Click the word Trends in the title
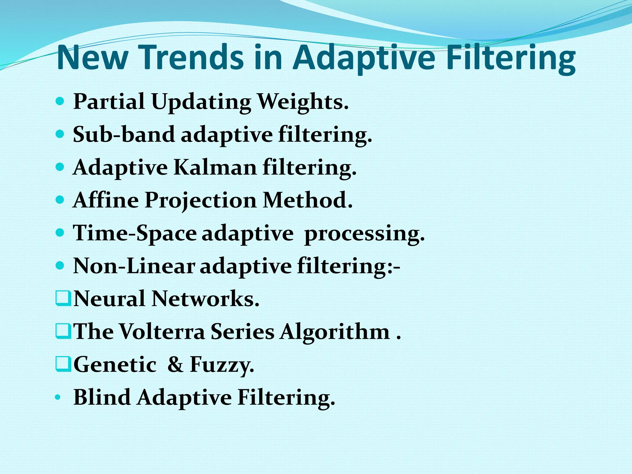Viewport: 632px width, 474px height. [x=193, y=58]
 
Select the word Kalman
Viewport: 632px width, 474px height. [x=215, y=168]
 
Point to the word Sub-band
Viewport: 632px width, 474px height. [x=124, y=135]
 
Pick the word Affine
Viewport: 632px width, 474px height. [x=106, y=200]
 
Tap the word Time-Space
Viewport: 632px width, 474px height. [x=135, y=233]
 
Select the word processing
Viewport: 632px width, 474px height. [x=364, y=234]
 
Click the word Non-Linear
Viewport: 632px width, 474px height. [x=134, y=266]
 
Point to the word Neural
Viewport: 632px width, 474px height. [x=109, y=299]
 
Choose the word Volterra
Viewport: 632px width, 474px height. [x=162, y=331]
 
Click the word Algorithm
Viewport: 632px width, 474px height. [x=335, y=332]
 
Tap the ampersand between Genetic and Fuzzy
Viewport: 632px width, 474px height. [x=175, y=364]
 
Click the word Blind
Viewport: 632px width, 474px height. [x=102, y=397]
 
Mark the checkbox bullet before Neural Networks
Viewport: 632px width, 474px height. [x=63, y=299]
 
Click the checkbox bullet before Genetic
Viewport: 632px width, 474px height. [x=63, y=364]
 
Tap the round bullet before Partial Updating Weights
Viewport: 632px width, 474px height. [x=60, y=101]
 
